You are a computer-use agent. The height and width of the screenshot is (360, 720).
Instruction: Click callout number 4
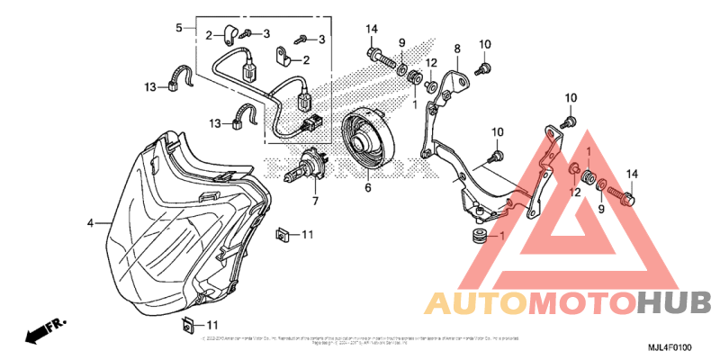90,220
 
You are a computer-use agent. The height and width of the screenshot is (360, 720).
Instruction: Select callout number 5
178,27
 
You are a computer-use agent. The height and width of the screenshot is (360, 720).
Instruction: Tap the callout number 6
367,189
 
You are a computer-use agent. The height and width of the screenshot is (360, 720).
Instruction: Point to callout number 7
315,202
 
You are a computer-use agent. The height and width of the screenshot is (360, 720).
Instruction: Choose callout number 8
457,48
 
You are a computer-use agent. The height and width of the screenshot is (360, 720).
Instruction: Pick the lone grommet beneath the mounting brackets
477,237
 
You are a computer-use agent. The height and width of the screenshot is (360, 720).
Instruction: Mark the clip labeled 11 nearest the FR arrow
188,324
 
